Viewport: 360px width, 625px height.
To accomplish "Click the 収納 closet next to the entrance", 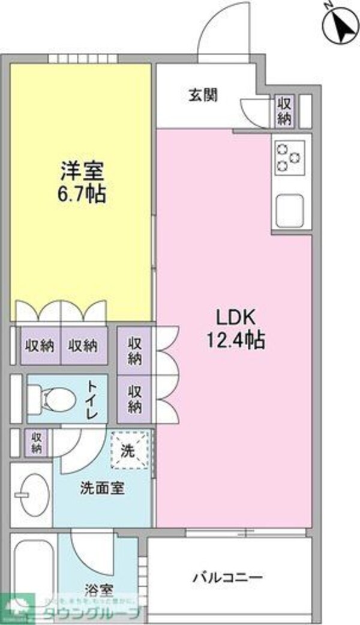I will (x=284, y=111).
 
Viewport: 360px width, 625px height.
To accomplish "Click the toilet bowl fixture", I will (x=52, y=398).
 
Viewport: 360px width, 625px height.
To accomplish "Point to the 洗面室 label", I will (x=102, y=488).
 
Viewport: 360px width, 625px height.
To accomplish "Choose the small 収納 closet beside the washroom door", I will (x=37, y=443).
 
